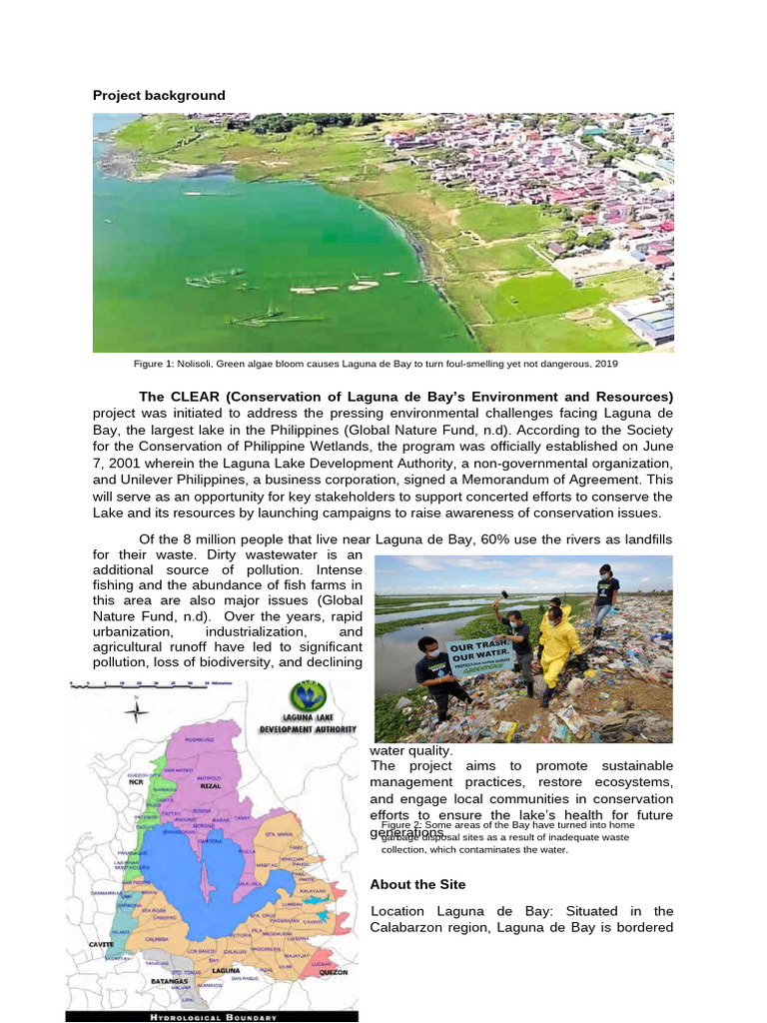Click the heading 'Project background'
point(159,95)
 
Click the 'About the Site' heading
point(416,884)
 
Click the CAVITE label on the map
point(100,943)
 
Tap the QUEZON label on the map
point(333,971)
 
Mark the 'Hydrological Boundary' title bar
point(211,1016)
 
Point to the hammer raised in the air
point(502,596)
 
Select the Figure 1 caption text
point(383,365)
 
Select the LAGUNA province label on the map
point(226,969)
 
